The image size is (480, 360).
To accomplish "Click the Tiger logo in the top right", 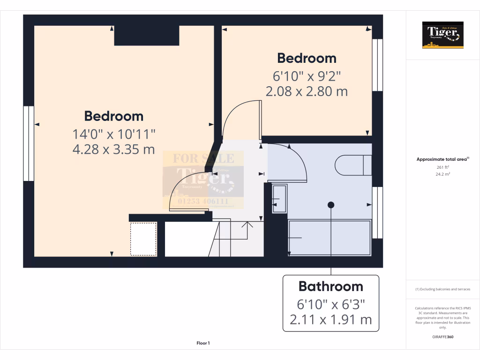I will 442,35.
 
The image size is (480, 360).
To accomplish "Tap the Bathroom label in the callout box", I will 330,286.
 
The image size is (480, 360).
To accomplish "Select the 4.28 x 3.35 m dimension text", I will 113,150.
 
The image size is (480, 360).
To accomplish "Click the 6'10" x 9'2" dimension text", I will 307,75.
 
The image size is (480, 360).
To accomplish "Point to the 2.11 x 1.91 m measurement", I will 330,320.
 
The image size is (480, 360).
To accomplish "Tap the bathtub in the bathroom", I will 330,238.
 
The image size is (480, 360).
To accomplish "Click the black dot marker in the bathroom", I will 331,205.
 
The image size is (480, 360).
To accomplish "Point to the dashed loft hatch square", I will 143,239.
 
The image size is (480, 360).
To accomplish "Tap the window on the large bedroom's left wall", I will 29,143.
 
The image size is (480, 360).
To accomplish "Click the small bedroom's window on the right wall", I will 377,65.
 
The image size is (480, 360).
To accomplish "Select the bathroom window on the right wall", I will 377,212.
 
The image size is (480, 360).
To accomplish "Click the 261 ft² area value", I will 442,167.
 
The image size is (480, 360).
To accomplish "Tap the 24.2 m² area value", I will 442,174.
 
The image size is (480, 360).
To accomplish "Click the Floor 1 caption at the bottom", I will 203,344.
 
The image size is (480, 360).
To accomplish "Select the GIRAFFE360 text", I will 442,337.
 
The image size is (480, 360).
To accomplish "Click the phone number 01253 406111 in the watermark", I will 203,201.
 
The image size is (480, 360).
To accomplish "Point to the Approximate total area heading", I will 442,159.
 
